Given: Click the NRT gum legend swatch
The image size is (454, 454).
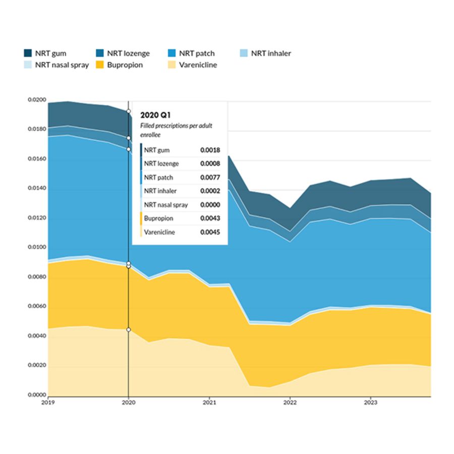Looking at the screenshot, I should (x=28, y=53).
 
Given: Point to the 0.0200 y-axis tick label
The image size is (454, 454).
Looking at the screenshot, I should (x=37, y=100).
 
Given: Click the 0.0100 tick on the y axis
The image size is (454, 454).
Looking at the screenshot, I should (x=37, y=248).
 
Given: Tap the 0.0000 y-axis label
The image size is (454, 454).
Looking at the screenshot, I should (x=37, y=395).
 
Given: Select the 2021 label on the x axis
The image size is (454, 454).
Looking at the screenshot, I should (x=209, y=403).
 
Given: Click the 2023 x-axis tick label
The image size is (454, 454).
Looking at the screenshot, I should (x=371, y=403).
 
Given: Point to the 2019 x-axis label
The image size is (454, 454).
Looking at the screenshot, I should (x=48, y=403).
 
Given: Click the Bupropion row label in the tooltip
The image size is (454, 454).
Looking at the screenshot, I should (x=158, y=219).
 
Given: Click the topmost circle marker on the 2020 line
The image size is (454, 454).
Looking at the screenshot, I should (x=129, y=111).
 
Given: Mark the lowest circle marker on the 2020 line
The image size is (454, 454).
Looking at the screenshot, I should (x=129, y=329).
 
